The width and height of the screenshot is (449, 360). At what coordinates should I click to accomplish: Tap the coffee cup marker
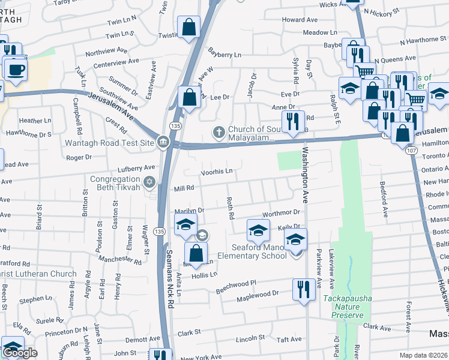click(16, 69)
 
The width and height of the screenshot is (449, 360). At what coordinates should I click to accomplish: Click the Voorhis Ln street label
click(216, 171)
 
